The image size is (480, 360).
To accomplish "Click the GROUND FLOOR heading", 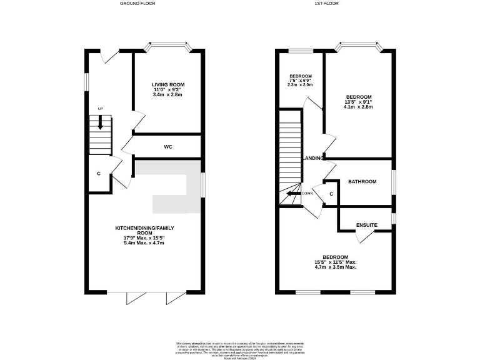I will (x=137, y=3).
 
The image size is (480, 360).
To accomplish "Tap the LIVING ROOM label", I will (x=167, y=84).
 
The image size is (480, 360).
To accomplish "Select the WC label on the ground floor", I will (x=167, y=147).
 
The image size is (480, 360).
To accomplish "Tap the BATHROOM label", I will (x=362, y=182).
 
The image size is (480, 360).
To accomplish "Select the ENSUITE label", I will (x=366, y=225).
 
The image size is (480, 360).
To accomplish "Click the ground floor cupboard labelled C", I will (x=99, y=173).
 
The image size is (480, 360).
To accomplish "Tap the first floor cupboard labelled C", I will (x=331, y=194).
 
